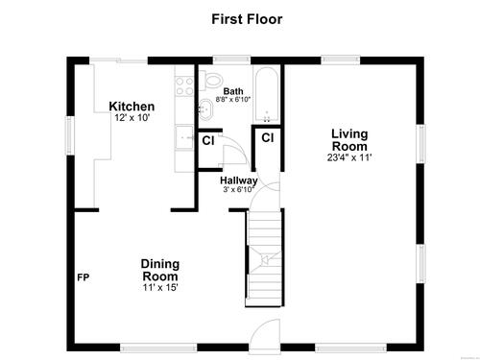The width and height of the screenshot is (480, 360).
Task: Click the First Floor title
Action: [x=247, y=19]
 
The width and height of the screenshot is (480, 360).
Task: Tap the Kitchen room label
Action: [x=132, y=107]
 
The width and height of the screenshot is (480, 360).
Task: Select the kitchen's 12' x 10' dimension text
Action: [x=132, y=118]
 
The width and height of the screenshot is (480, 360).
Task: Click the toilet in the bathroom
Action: [x=211, y=80]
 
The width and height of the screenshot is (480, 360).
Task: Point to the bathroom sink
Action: [x=206, y=109]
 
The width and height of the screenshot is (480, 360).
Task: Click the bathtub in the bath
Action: [x=267, y=94]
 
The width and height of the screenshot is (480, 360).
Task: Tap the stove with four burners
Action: [x=184, y=86]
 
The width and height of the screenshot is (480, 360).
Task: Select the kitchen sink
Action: [x=184, y=137]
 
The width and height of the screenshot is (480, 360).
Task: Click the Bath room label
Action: [x=233, y=91]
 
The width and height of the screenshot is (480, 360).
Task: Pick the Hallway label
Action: [x=239, y=180]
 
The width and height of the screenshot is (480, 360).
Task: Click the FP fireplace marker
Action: [x=84, y=277]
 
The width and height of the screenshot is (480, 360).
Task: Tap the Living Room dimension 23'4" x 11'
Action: [x=349, y=157]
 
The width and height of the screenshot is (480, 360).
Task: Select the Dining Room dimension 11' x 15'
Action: [x=160, y=287]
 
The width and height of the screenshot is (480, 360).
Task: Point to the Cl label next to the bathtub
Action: [x=268, y=137]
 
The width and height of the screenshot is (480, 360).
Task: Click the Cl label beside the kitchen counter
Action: [x=208, y=140]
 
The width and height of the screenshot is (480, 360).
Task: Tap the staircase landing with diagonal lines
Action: [x=265, y=259]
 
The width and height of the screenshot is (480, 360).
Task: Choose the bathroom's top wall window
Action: [x=231, y=60]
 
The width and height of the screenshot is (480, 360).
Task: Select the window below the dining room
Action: [x=158, y=348]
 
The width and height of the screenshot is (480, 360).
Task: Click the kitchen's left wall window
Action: [x=70, y=135]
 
